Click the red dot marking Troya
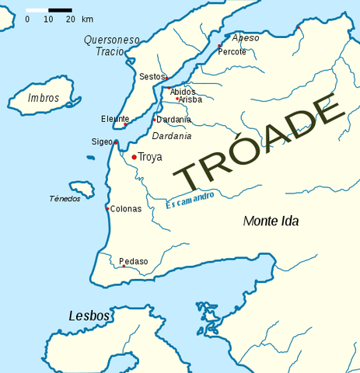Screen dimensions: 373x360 click(134, 157)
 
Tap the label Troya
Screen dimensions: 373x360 click(150, 157)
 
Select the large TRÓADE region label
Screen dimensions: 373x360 click(257, 144)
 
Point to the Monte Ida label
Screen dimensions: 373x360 click(271, 221)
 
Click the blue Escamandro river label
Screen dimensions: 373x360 click(190, 200)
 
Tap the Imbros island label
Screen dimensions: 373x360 click(43, 99)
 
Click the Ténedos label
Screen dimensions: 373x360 click(65, 199)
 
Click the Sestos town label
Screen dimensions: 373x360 click(150, 77)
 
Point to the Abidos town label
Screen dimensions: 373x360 click(183, 92)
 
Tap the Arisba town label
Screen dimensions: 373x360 click(190, 99)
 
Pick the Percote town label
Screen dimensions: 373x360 click(232, 52)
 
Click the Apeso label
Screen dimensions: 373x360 click(246, 37)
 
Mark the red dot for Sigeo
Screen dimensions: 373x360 click(116, 142)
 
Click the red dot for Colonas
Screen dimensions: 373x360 click(107, 208)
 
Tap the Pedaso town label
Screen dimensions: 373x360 click(133, 261)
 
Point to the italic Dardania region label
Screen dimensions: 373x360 click(172, 136)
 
